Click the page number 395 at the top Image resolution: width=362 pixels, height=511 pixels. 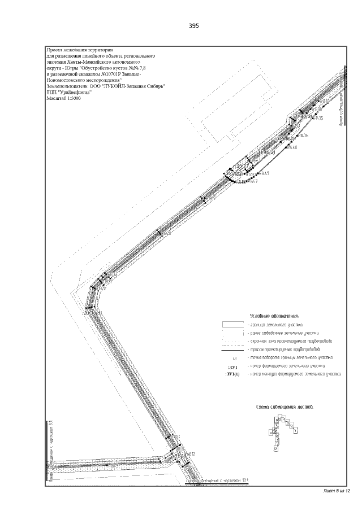click(194, 26)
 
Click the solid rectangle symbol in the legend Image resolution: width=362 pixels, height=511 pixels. click(232, 325)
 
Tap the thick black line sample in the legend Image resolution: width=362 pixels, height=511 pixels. click(232, 350)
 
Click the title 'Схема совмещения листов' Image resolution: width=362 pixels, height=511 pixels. click(285, 407)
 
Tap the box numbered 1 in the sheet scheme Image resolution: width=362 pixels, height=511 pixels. click(296, 430)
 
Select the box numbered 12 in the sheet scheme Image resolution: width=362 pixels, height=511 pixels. click(275, 449)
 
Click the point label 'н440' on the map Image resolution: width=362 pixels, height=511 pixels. click(292, 147)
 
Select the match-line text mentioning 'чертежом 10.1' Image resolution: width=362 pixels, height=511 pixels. click(218, 481)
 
